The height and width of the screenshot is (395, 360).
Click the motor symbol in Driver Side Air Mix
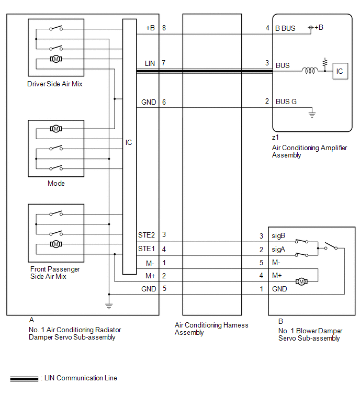[x=56, y=59]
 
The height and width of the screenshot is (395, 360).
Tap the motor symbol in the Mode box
[x=56, y=129]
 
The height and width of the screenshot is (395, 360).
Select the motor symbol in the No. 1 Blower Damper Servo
[x=301, y=281]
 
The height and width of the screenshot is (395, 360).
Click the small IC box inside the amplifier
[x=340, y=71]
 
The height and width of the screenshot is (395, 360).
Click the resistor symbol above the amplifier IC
[x=325, y=62]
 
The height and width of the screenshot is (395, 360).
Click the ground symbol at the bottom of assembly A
[x=109, y=306]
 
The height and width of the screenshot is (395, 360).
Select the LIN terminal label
[x=150, y=63]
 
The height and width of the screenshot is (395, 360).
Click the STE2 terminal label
[x=147, y=235]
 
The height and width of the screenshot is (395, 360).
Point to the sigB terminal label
[x=278, y=236]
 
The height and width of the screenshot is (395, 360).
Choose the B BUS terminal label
[x=285, y=28]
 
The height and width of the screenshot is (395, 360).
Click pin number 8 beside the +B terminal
[x=164, y=28]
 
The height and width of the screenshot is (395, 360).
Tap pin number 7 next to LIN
[x=163, y=63]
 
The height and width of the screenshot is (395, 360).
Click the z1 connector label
[x=275, y=137]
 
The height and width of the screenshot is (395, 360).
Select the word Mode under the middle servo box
[x=56, y=184]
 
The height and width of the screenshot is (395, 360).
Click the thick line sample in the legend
[x=24, y=379]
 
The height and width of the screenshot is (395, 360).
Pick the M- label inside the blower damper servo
[x=276, y=263]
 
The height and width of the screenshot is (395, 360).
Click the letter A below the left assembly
[x=31, y=320]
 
